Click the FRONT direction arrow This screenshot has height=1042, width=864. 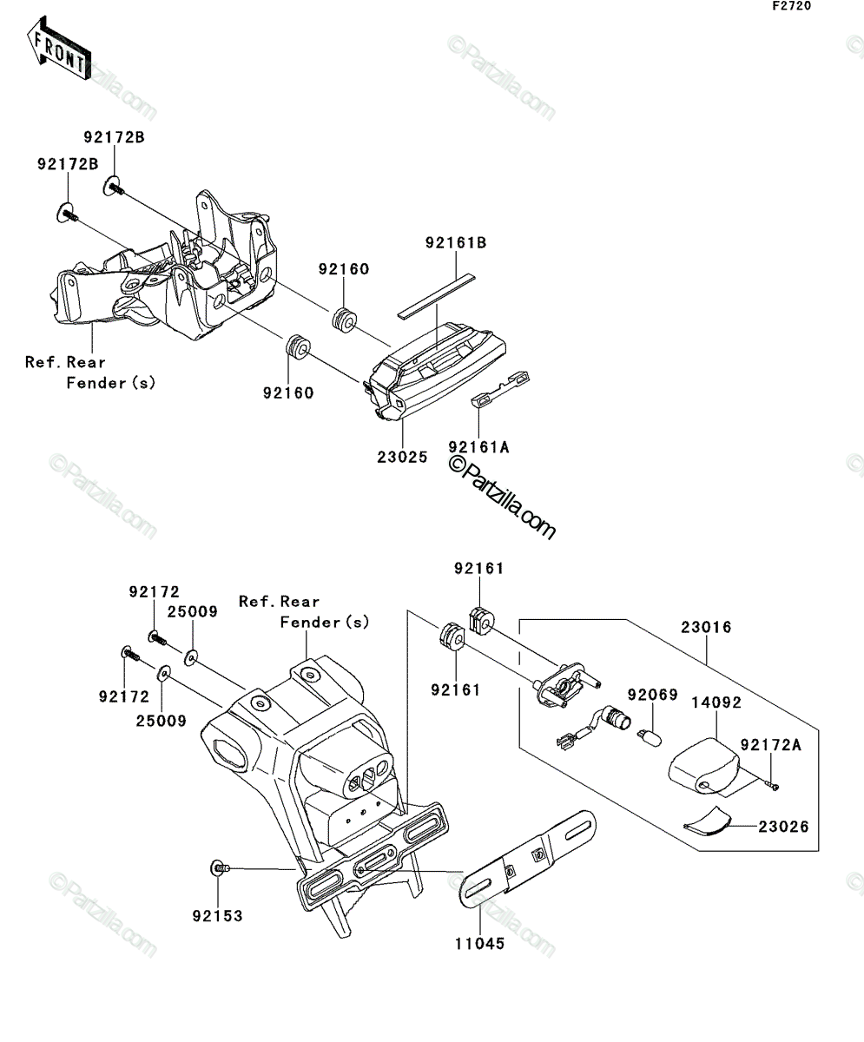(59, 49)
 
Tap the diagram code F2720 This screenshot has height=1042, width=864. (792, 6)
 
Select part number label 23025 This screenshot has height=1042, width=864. (402, 457)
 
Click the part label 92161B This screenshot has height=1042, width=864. (456, 243)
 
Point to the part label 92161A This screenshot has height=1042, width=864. (478, 448)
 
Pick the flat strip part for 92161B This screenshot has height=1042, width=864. (436, 296)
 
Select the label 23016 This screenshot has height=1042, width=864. (706, 627)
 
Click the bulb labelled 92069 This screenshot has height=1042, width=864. (650, 737)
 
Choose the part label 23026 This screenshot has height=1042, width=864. (783, 827)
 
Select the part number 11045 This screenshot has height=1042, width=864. (479, 944)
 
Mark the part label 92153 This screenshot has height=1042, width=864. (218, 916)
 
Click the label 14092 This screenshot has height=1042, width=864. (716, 702)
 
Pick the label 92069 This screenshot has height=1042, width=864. (652, 695)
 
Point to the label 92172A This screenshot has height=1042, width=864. (771, 745)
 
